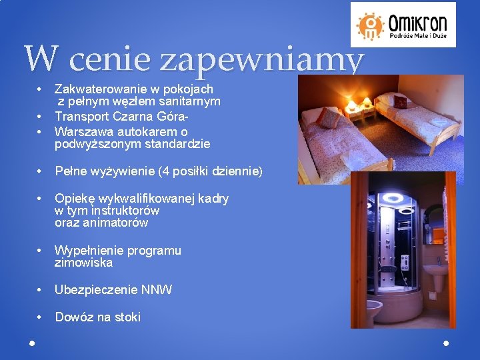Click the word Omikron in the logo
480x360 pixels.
(418, 19)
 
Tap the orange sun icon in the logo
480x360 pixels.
(371, 25)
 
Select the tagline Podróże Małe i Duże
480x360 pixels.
(418, 35)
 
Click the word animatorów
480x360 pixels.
(112, 223)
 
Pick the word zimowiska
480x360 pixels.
(83, 263)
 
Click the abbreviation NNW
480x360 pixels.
(157, 290)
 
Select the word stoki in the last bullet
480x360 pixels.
(126, 317)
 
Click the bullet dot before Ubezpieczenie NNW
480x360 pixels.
(41, 290)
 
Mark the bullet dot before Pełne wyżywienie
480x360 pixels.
(41, 172)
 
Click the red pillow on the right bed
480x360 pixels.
(400, 101)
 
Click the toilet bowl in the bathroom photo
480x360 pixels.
(371, 311)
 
